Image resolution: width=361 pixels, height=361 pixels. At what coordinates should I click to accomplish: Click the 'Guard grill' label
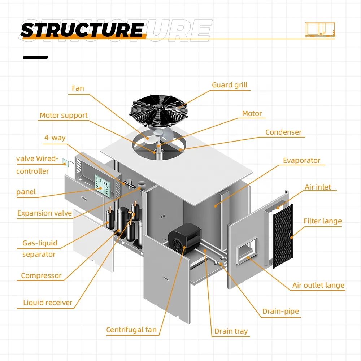230,85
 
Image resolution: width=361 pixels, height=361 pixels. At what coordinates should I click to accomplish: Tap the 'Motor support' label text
64,116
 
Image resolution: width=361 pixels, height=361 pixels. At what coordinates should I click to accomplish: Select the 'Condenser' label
283,132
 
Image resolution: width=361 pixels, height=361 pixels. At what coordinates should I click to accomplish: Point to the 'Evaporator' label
301,161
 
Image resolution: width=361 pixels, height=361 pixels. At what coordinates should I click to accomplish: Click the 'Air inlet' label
318,187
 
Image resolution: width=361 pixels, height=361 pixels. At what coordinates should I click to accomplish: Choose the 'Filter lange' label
322,221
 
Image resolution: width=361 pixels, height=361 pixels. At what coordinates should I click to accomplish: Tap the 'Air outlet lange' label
318,286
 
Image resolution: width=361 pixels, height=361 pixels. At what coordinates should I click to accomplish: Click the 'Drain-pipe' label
280,312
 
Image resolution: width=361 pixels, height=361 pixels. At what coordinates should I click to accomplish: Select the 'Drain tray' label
231,331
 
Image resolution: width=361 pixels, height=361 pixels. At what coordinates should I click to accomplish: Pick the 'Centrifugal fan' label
131,330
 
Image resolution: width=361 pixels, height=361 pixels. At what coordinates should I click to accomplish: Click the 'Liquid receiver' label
48,303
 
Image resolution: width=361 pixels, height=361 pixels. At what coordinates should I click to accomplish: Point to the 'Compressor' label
41,276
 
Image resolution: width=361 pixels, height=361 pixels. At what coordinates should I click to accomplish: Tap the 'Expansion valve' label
44,213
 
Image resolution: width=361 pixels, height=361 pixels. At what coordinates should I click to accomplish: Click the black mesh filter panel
282,236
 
